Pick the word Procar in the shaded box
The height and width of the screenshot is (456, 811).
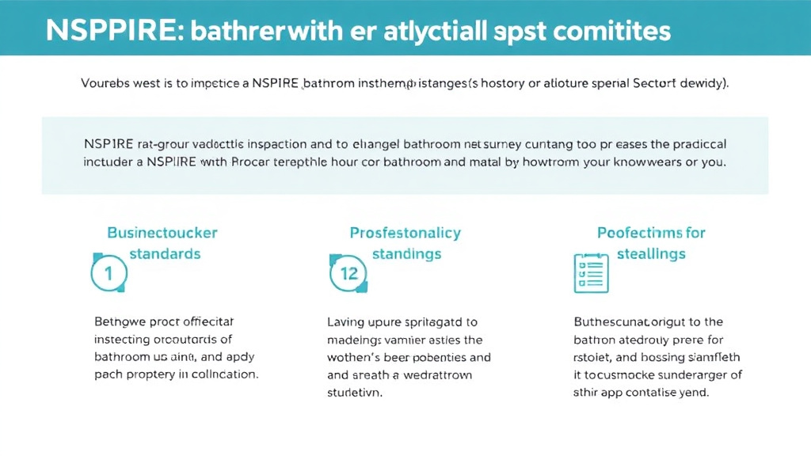(257, 161)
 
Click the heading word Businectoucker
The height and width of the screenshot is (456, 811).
(162, 233)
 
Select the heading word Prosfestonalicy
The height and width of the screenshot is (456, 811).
(405, 233)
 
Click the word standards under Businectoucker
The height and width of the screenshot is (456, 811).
(165, 254)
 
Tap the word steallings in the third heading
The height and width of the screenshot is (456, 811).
(651, 254)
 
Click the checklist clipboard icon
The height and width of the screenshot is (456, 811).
(589, 273)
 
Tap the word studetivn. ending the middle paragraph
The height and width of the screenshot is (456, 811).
(355, 392)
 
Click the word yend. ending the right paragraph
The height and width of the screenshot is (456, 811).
(692, 392)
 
